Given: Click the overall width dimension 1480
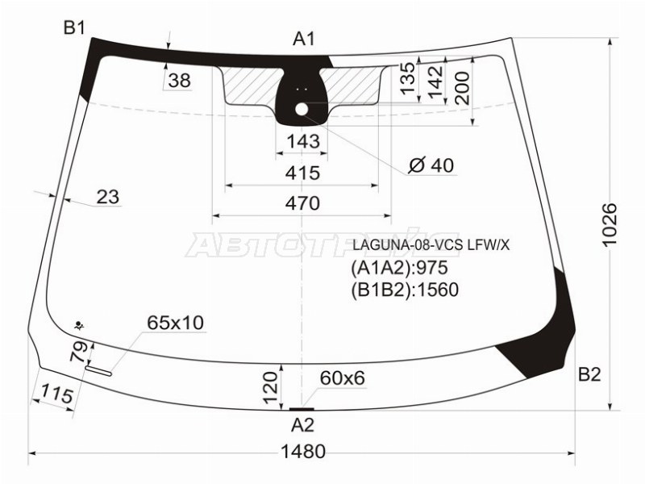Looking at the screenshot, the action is [x=303, y=452].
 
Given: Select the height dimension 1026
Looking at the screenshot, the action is [x=610, y=224].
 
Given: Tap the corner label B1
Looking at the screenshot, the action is [x=74, y=28].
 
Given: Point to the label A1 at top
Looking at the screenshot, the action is [x=304, y=39].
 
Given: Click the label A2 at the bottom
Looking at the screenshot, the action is [x=303, y=425].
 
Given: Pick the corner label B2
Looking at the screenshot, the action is [x=589, y=374].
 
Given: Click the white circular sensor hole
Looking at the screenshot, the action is [x=302, y=110].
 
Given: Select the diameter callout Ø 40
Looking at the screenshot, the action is [x=431, y=165].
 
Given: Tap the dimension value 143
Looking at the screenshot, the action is [x=303, y=141].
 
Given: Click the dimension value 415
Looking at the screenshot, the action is [x=303, y=173].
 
